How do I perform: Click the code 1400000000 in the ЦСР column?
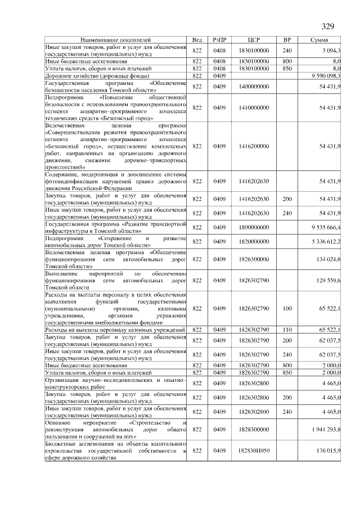pos(254,87)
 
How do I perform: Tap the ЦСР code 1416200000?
pos(254,146)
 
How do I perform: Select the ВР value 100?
pos(287,308)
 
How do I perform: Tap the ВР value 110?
pos(287,330)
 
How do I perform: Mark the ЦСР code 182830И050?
pos(254,451)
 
